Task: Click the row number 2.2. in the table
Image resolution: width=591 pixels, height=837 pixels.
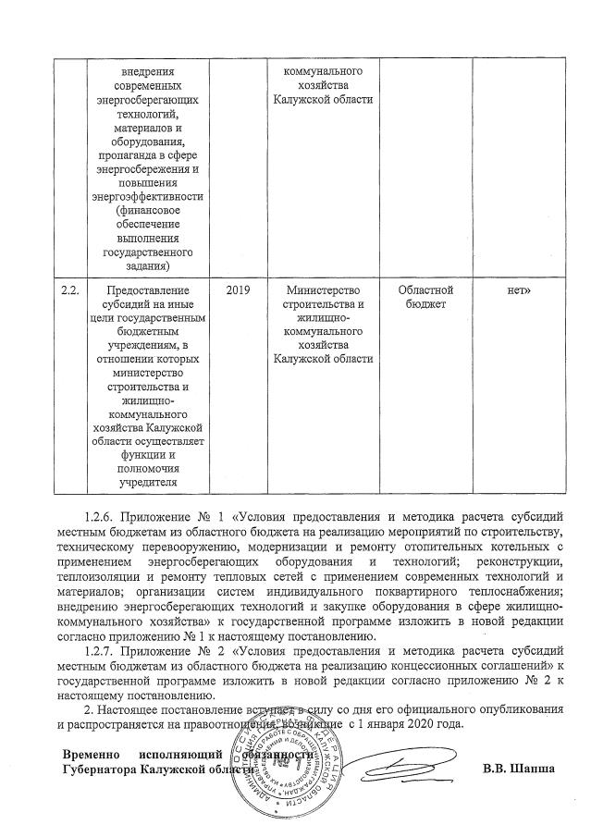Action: (x=68, y=290)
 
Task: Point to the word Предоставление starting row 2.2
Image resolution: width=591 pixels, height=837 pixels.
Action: (x=146, y=290)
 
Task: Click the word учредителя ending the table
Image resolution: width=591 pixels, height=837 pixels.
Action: (x=146, y=480)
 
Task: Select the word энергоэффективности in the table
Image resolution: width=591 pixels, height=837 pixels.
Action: (x=146, y=196)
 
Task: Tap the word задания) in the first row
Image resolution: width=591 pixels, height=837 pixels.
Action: (x=146, y=265)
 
